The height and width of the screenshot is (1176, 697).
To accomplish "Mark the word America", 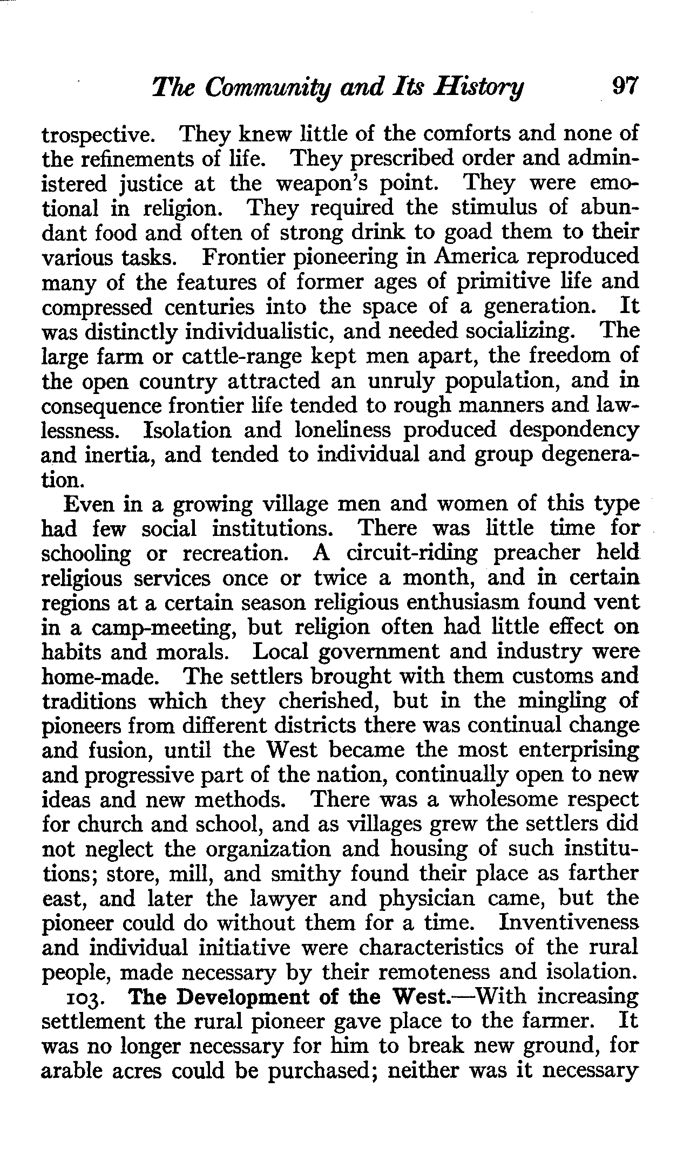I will [475, 257].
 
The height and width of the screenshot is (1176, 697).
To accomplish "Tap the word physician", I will [419, 899].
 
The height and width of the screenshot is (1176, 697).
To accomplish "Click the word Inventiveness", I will [569, 922].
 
